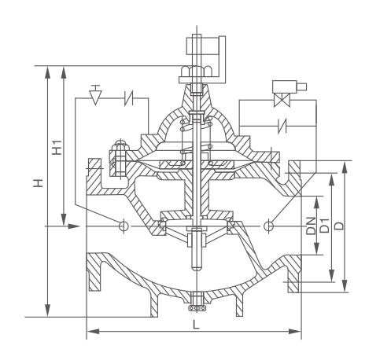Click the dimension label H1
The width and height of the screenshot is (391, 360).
pyautogui.click(x=57, y=148)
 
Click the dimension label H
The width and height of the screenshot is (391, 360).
pyautogui.click(x=39, y=183)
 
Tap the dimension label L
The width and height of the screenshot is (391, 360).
pyautogui.click(x=196, y=325)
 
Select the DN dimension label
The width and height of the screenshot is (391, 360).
pyautogui.click(x=312, y=226)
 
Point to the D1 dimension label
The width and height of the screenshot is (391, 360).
pyautogui.click(x=325, y=225)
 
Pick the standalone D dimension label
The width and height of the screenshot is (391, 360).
pyautogui.click(x=340, y=226)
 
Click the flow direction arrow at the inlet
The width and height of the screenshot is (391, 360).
pyautogui.click(x=73, y=226)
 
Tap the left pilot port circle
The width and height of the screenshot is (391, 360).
pyautogui.click(x=124, y=226)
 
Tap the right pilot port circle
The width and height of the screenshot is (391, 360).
pyautogui.click(x=268, y=226)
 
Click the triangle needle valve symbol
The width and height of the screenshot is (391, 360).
pyautogui.click(x=94, y=95)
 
